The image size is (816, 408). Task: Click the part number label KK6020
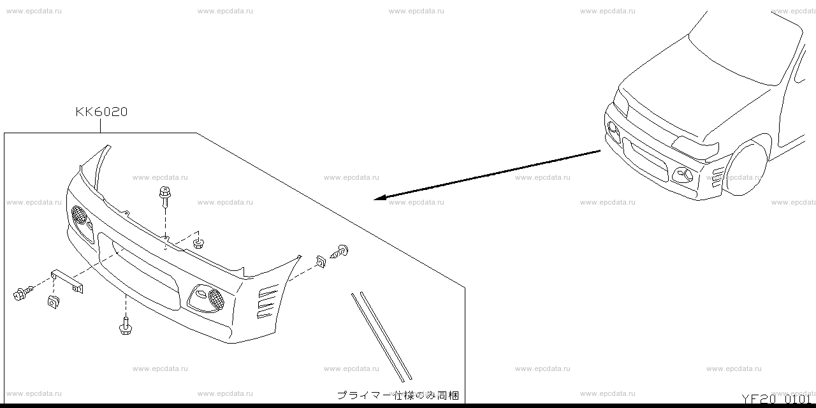click(101, 112)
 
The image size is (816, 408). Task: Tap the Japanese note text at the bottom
click(398, 395)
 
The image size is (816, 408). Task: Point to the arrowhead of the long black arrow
click(378, 199)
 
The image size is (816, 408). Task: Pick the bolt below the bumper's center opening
click(125, 326)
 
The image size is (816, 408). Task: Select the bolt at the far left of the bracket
click(21, 294)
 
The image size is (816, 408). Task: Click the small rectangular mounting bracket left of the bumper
click(68, 280)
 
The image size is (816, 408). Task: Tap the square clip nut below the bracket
click(53, 300)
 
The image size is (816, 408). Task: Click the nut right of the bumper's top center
click(198, 242)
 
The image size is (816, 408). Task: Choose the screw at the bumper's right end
click(340, 252)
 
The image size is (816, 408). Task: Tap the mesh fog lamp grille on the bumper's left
click(80, 215)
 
